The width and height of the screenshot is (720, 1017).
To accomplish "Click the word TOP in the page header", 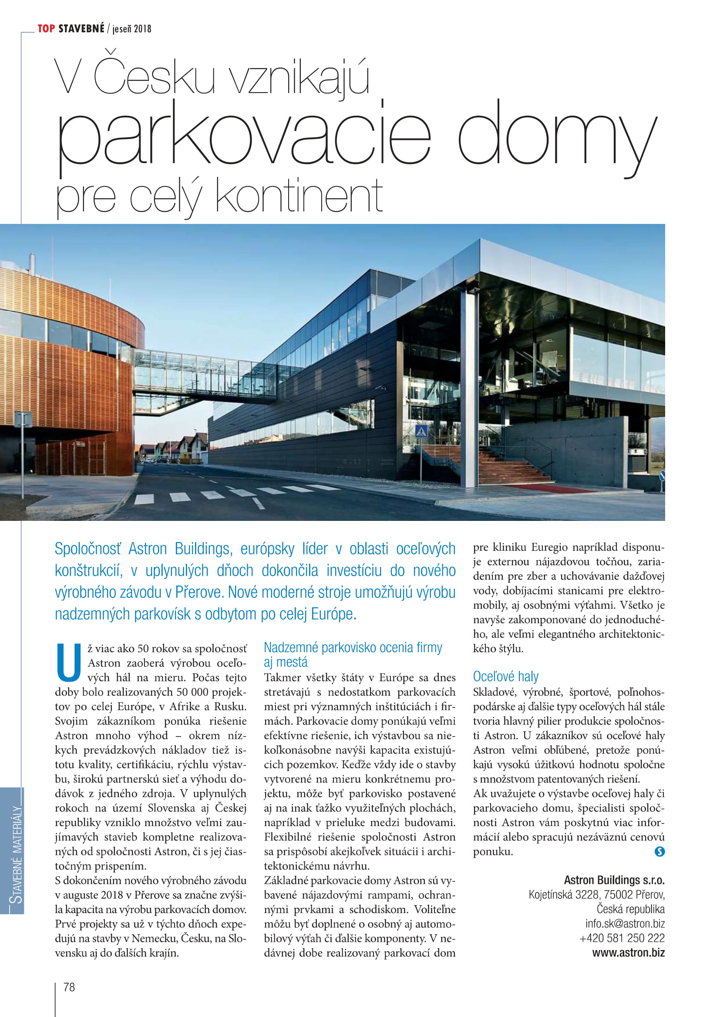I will [x=46, y=29].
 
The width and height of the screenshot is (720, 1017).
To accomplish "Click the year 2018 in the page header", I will [x=142, y=29].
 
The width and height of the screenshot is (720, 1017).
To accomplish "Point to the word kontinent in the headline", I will [x=299, y=196].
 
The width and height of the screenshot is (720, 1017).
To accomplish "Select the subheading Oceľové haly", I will [x=505, y=677].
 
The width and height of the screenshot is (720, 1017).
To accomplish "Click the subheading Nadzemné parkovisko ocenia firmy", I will [x=353, y=647].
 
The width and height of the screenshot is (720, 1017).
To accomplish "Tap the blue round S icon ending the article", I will [x=659, y=851].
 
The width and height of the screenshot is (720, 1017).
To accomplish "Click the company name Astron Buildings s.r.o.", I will [x=614, y=880].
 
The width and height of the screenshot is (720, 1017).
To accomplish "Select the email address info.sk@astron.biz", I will [x=625, y=924].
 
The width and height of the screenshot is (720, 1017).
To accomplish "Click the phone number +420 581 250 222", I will [x=622, y=938].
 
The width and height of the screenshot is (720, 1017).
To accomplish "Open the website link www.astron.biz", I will [x=628, y=953].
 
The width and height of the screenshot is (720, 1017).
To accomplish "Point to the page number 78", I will [x=69, y=987].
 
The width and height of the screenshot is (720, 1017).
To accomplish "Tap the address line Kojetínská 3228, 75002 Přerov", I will [x=596, y=895].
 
